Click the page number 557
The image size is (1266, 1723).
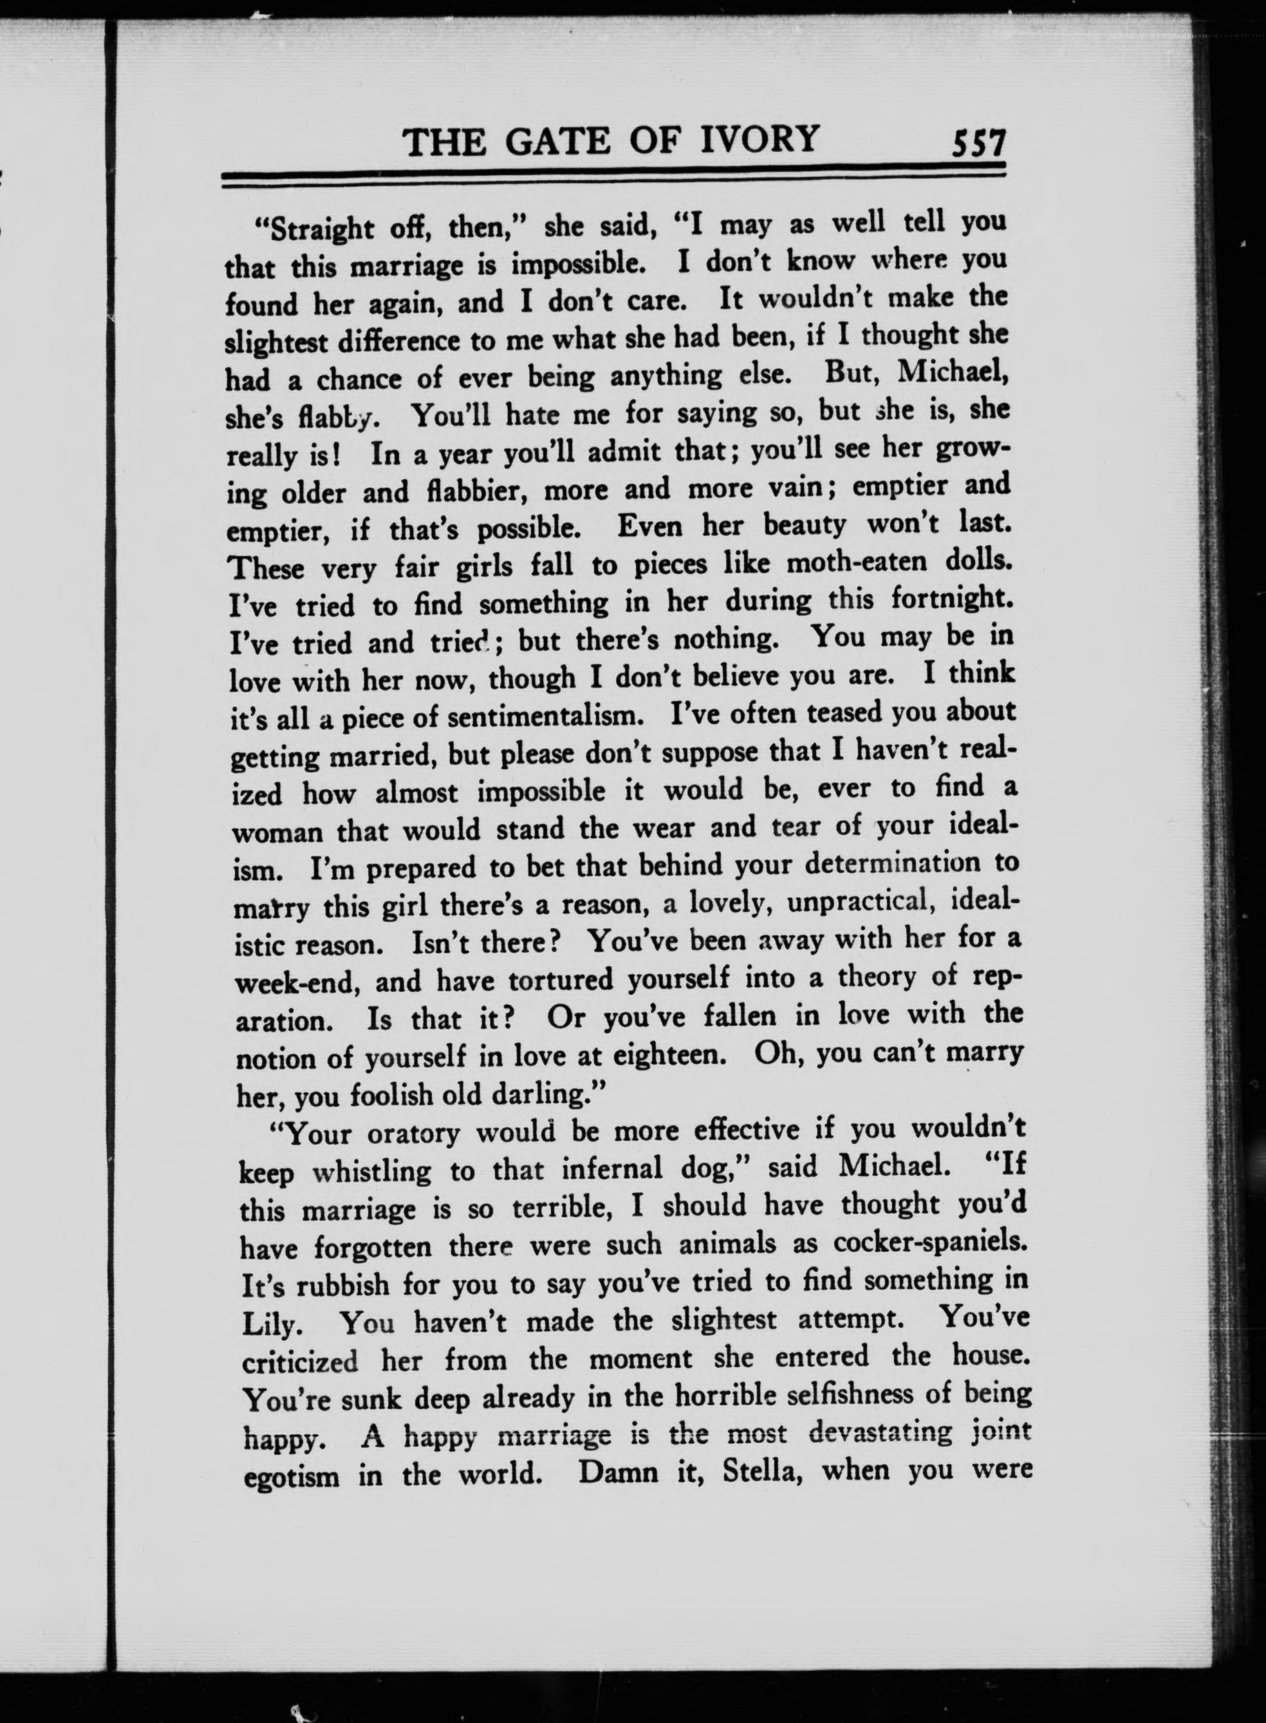pyautogui.click(x=976, y=144)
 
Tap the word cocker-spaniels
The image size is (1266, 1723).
pyautogui.click(x=929, y=1242)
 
